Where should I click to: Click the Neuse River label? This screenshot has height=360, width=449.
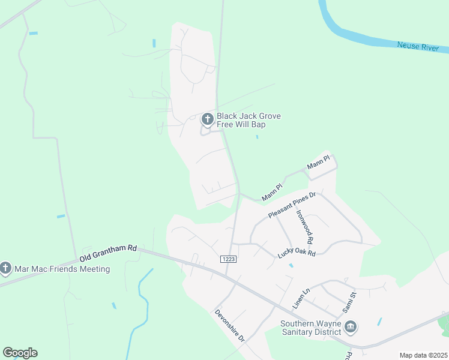pyautogui.click(x=417, y=46)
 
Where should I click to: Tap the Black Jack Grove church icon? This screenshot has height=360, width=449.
pyautogui.click(x=207, y=119)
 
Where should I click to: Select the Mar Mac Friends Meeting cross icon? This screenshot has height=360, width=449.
pyautogui.click(x=6, y=268)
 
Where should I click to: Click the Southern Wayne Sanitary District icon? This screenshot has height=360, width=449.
pyautogui.click(x=351, y=327)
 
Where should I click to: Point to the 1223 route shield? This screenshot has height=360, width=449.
pyautogui.click(x=228, y=259)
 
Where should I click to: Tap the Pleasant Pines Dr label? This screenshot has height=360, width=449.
pyautogui.click(x=292, y=206)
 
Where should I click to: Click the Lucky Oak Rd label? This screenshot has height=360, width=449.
pyautogui.click(x=297, y=254)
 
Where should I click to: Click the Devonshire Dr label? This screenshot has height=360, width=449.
pyautogui.click(x=230, y=326)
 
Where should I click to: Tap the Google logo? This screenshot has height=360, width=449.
pyautogui.click(x=20, y=353)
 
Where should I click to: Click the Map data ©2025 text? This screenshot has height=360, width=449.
pyautogui.click(x=423, y=355)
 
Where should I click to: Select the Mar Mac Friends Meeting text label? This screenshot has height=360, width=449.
pyautogui.click(x=62, y=269)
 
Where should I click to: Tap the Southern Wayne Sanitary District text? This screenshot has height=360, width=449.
pyautogui.click(x=311, y=328)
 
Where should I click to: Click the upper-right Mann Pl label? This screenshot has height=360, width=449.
pyautogui.click(x=319, y=162)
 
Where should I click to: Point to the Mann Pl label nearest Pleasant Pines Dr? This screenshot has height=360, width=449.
pyautogui.click(x=271, y=193)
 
